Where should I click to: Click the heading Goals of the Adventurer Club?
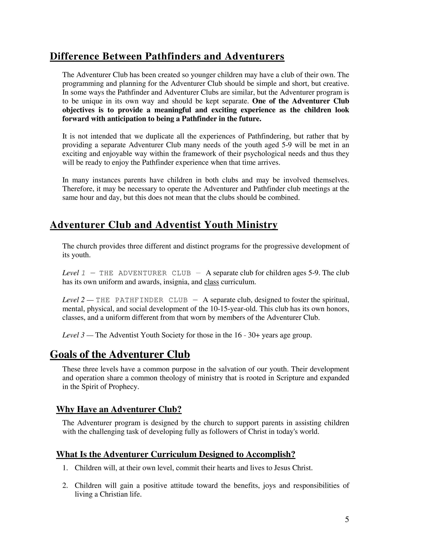(120, 354)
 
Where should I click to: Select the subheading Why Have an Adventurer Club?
(119, 409)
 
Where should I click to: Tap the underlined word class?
(212, 282)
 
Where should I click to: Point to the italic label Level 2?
(73, 300)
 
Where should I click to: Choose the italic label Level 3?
(73, 335)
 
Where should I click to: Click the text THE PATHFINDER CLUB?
(142, 300)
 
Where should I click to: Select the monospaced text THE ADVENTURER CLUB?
(145, 273)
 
